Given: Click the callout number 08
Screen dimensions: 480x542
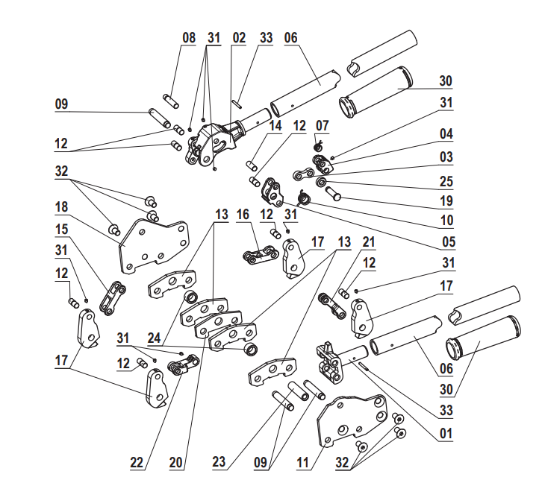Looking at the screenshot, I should pos(189,38).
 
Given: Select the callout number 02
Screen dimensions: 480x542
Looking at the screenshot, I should pos(239,38).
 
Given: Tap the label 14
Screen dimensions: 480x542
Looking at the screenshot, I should pos(275,127).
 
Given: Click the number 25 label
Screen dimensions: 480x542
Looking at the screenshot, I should pos(446,182).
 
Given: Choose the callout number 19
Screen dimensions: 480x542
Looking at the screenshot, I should pos(446,200).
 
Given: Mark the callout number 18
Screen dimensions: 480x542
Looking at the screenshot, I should pos(62,206).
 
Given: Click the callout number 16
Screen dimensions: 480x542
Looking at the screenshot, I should pos(243,215).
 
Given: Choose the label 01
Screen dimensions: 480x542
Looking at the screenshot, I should pos(446,432).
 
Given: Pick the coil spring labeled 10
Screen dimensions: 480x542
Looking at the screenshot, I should pos(303,198).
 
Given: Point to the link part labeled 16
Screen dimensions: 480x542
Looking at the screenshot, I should pos(258,256).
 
